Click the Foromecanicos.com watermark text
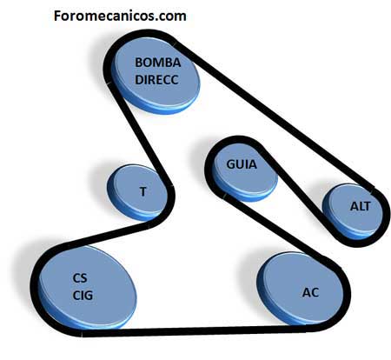coord(120,16)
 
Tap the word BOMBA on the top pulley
coord(158,63)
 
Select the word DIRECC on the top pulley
coord(156,80)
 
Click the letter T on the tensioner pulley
coord(142,191)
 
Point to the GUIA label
coord(242,164)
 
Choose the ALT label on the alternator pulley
coord(360,206)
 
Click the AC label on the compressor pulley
coord(310,292)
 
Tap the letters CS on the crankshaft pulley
coord(80,278)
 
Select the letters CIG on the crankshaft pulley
coord(83,296)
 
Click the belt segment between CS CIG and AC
coord(194,330)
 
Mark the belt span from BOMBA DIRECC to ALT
coord(274,116)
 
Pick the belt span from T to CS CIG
coord(111,234)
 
